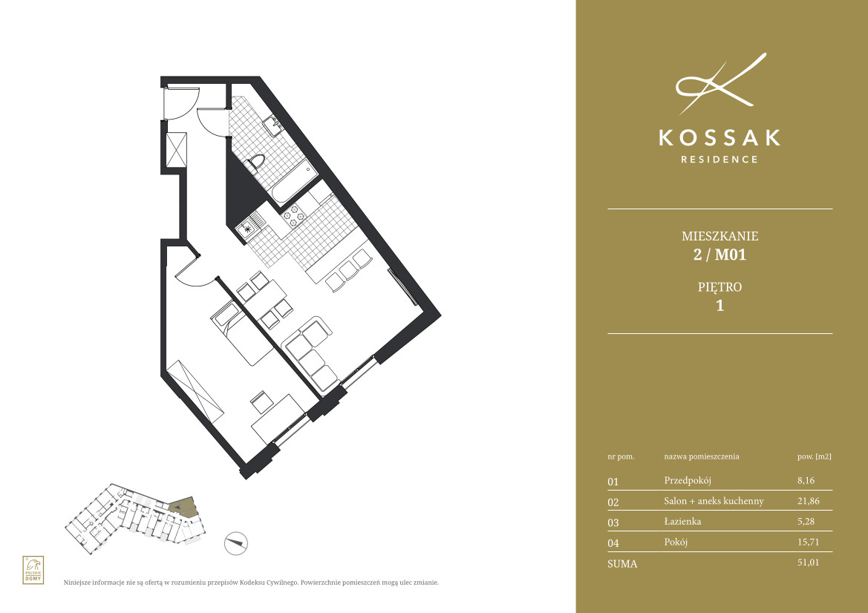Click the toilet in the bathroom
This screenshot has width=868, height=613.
click(x=255, y=164)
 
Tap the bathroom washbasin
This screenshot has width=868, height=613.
click(x=273, y=127)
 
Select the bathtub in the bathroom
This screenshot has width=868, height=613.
click(x=293, y=182)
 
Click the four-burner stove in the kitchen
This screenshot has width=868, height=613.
click(x=293, y=215)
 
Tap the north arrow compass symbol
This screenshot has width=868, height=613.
click(x=236, y=543)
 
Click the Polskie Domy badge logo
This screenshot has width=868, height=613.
click(x=33, y=570)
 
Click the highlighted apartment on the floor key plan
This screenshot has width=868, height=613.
click(x=183, y=507)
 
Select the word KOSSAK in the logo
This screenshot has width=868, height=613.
click(x=719, y=138)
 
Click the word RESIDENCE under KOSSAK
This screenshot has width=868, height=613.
click(x=719, y=160)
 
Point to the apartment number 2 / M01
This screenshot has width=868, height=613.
click(x=719, y=255)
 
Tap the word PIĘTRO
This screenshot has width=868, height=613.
click(x=719, y=287)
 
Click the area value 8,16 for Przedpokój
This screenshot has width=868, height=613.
click(x=806, y=480)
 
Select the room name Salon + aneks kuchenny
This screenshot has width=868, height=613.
click(x=714, y=501)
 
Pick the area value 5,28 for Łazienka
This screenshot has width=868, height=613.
click(x=806, y=521)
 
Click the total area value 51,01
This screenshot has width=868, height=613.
click(x=808, y=562)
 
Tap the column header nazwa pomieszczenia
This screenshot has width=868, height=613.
click(x=702, y=457)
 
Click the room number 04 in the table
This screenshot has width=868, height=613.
click(x=613, y=542)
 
